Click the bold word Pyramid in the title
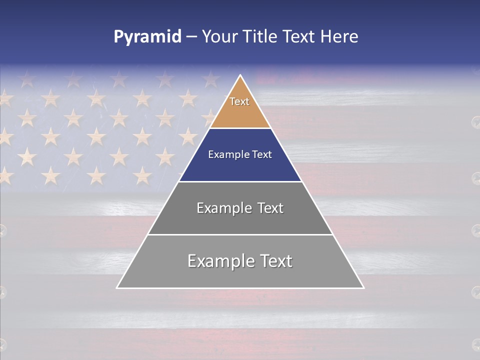[x=147, y=37]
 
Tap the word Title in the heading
[x=263, y=37]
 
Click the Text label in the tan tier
[x=239, y=101]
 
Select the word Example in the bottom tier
[x=218, y=261]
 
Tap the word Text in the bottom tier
[x=274, y=261]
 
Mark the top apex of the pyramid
[x=240, y=75]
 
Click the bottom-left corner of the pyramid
[x=117, y=287]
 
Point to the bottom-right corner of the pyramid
[x=363, y=287]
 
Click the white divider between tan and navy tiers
[x=240, y=128]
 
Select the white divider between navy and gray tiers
[x=240, y=181]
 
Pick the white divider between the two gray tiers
[x=240, y=234]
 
